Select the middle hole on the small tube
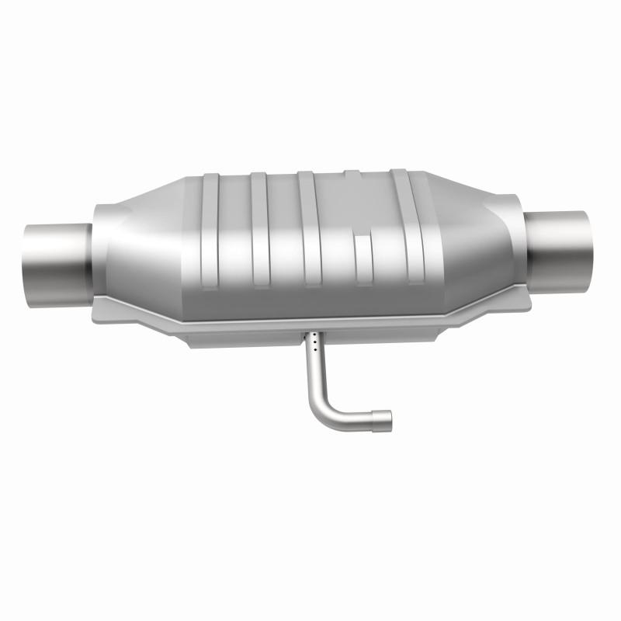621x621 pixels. (x=314, y=344)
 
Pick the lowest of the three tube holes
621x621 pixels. (x=313, y=350)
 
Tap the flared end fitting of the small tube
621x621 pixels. (x=382, y=419)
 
